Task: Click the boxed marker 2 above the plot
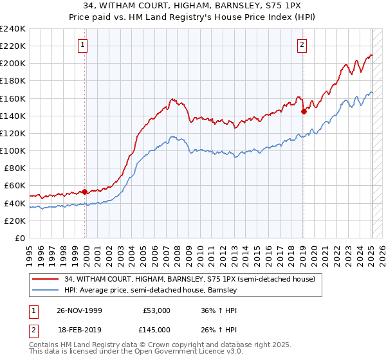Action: [302, 44]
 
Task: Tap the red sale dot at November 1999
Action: [85, 192]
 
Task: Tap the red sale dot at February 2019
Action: [304, 111]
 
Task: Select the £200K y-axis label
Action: [13, 64]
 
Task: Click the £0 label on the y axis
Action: [19, 238]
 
